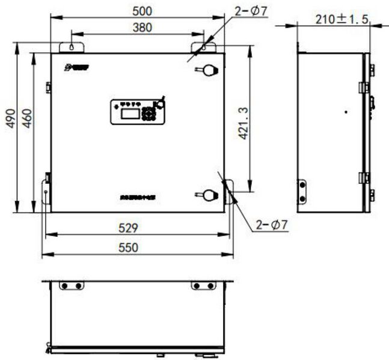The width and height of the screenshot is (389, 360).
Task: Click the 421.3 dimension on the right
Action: click(244, 124)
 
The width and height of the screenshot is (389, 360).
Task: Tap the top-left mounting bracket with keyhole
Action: click(71, 47)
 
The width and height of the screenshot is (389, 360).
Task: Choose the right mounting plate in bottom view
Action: click(203, 285)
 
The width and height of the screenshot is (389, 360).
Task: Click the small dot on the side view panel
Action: click(346, 111)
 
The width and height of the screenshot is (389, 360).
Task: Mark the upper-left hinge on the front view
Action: click(47, 87)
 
